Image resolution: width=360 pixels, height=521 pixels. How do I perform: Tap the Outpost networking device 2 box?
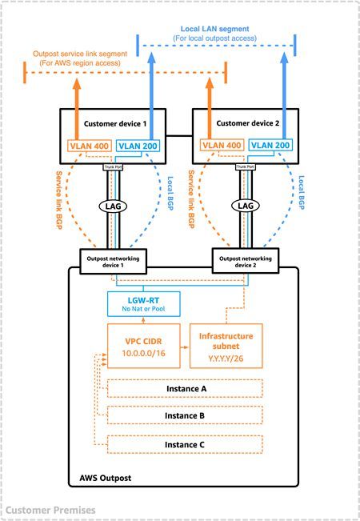[x=245, y=260]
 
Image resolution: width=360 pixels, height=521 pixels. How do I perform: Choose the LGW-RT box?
[x=143, y=303]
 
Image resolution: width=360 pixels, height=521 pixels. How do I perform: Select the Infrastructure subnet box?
[x=225, y=346]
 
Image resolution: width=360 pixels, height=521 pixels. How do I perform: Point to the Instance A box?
[x=185, y=388]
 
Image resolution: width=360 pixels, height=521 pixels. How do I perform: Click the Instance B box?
[x=185, y=416]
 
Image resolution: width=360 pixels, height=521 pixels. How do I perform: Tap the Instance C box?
[x=185, y=444]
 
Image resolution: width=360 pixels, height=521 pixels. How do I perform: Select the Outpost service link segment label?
[x=79, y=58]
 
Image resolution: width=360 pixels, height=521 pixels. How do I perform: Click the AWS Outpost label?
[x=105, y=478]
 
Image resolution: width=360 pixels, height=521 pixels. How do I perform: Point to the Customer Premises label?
[x=50, y=510]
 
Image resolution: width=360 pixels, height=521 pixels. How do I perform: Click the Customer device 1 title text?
[x=117, y=124]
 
